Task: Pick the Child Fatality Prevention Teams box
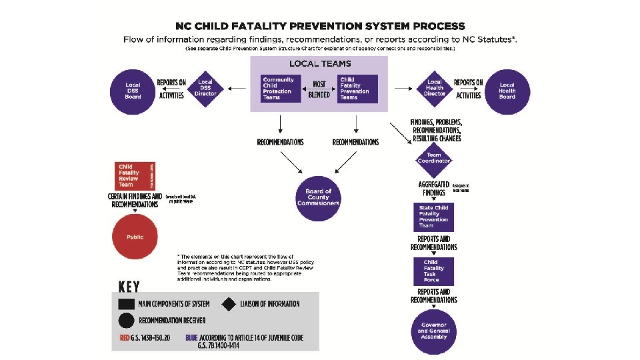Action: [357, 89]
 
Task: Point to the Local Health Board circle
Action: [507, 91]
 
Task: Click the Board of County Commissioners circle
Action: [319, 197]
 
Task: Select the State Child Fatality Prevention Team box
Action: [434, 217]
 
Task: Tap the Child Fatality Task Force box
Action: [434, 271]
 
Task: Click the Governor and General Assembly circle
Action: [434, 331]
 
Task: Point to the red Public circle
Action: [135, 237]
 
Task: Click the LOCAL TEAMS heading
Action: [319, 64]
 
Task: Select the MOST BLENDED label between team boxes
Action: [319, 89]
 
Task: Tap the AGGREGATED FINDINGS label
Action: [434, 188]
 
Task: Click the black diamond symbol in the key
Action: [230, 304]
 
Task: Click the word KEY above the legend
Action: [129, 287]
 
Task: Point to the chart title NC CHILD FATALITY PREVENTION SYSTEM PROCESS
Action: [320, 26]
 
